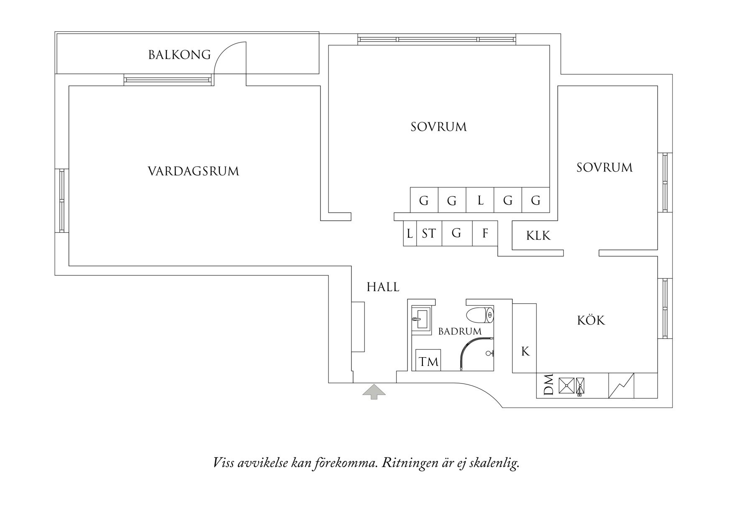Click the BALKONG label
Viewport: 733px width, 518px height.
click(179, 55)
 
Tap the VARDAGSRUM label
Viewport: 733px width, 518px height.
click(193, 171)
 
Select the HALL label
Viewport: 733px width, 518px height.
click(383, 287)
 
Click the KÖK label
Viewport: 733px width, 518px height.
click(591, 320)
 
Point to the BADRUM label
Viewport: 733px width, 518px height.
click(460, 332)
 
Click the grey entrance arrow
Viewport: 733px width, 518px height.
click(374, 392)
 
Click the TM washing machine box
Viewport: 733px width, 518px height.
click(428, 361)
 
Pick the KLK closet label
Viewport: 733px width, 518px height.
click(538, 236)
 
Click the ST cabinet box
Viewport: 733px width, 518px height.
click(429, 233)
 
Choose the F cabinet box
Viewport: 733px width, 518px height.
click(485, 233)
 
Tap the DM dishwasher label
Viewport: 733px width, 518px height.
click(548, 384)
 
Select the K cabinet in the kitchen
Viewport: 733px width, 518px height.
click(525, 351)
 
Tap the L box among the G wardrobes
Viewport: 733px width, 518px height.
click(480, 201)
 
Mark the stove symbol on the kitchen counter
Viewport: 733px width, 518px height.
click(621, 386)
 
